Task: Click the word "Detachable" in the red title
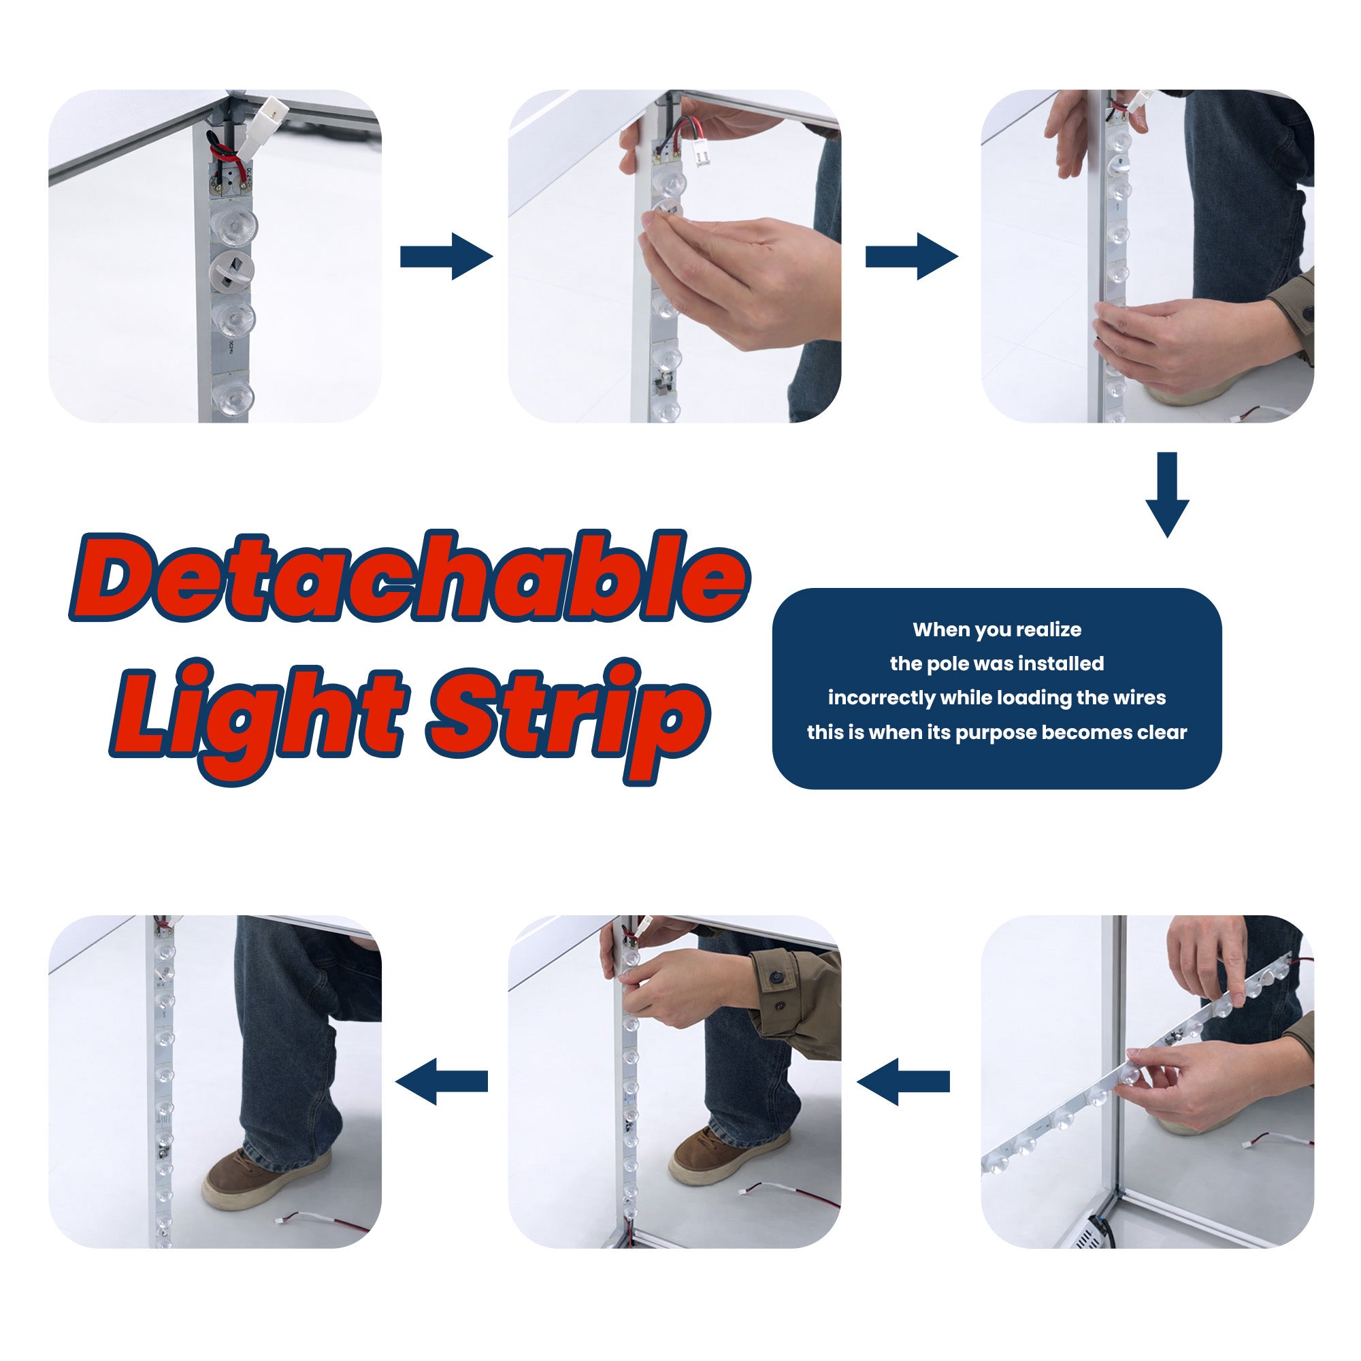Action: coord(409,576)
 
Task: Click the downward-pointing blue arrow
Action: coord(1167,495)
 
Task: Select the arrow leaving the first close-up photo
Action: coord(446,257)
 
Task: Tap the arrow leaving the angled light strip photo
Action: coord(903,1081)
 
